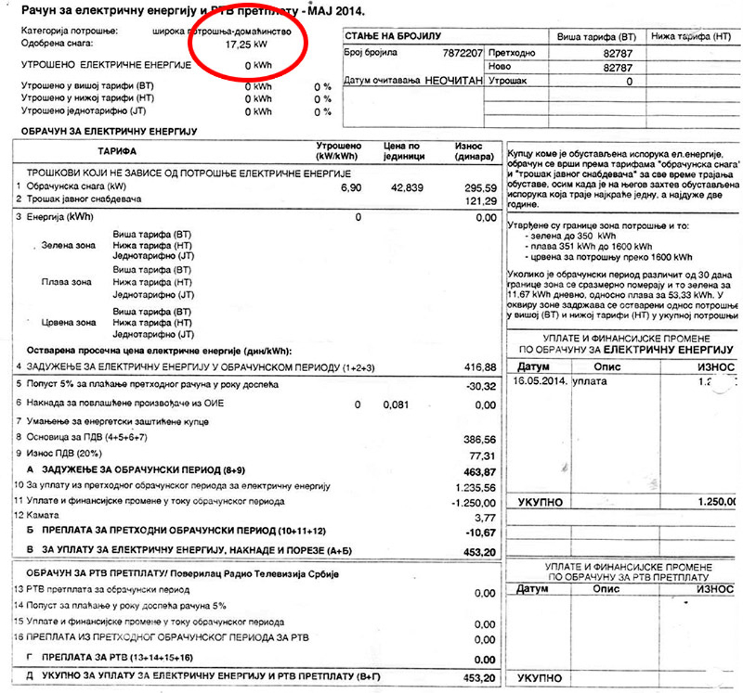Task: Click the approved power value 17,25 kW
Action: tap(246, 45)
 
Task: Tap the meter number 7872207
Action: tap(462, 53)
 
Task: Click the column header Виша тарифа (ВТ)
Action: tap(596, 37)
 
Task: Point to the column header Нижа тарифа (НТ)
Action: tap(691, 37)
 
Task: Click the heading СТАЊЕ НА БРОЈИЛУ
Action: tap(393, 36)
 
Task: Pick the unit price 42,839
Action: tap(407, 188)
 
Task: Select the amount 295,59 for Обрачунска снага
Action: tap(480, 188)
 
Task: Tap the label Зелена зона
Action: tap(68, 245)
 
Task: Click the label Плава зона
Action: tap(66, 282)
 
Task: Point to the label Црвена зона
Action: tap(68, 322)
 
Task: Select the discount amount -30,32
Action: tap(481, 386)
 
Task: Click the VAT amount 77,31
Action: tap(482, 456)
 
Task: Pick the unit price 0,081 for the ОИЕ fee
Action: tap(396, 405)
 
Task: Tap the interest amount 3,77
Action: tap(485, 518)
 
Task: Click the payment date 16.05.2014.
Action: tap(539, 381)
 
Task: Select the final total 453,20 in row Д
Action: tap(479, 678)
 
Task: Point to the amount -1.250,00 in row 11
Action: tap(474, 503)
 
